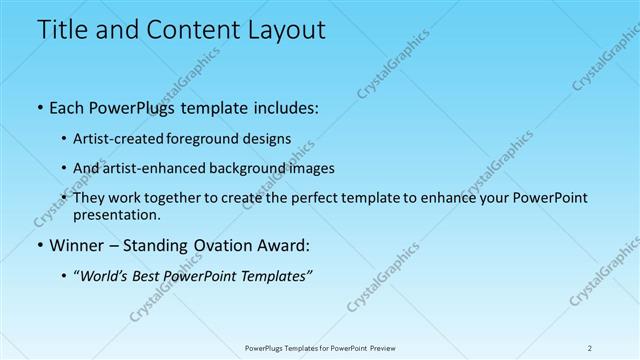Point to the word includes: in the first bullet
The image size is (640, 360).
point(281,108)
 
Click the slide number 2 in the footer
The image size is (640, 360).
point(590,347)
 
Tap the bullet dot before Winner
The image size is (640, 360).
point(39,245)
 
